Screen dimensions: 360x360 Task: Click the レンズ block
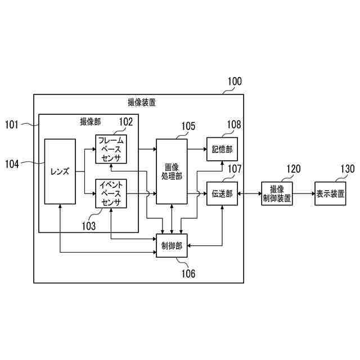(60, 171)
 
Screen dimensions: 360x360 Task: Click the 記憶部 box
(222, 149)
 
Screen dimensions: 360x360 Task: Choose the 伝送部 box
(222, 194)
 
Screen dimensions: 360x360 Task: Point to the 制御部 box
(172, 246)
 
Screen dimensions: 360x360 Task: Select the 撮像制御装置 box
(277, 194)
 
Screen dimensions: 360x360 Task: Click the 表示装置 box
(330, 194)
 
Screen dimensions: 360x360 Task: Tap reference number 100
(234, 82)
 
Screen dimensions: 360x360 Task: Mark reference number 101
(12, 123)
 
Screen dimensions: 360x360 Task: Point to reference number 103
(88, 226)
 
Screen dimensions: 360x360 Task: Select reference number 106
(187, 274)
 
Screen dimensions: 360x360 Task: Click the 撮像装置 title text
(142, 103)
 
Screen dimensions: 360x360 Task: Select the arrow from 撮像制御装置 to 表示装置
(304, 194)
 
